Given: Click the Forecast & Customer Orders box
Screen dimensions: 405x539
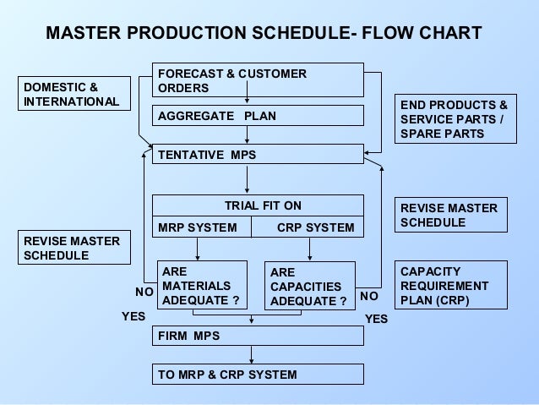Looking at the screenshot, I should click(x=258, y=81).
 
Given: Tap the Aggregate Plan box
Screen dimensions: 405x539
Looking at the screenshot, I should click(x=258, y=115).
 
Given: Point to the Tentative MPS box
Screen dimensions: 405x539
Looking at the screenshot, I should click(x=258, y=155).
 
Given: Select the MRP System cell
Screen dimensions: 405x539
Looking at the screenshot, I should click(x=200, y=227).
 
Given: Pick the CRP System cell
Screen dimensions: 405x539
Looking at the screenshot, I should click(x=309, y=227).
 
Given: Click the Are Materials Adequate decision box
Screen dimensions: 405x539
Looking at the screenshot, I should click(x=196, y=286).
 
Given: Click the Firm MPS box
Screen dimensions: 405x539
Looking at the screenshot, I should click(x=258, y=336).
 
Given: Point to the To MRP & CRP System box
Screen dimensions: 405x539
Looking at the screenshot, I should click(x=258, y=374).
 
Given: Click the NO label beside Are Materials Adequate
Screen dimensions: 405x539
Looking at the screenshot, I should click(x=144, y=291).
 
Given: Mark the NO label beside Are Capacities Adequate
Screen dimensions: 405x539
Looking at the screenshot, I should click(x=369, y=297).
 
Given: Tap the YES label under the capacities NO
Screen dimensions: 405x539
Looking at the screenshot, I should click(x=376, y=319).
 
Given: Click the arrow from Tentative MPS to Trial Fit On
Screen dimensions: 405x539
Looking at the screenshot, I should click(x=247, y=179).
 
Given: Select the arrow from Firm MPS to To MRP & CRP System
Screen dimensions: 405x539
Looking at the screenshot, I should click(x=251, y=355).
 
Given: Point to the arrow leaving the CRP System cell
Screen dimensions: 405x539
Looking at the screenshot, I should click(x=309, y=249).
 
